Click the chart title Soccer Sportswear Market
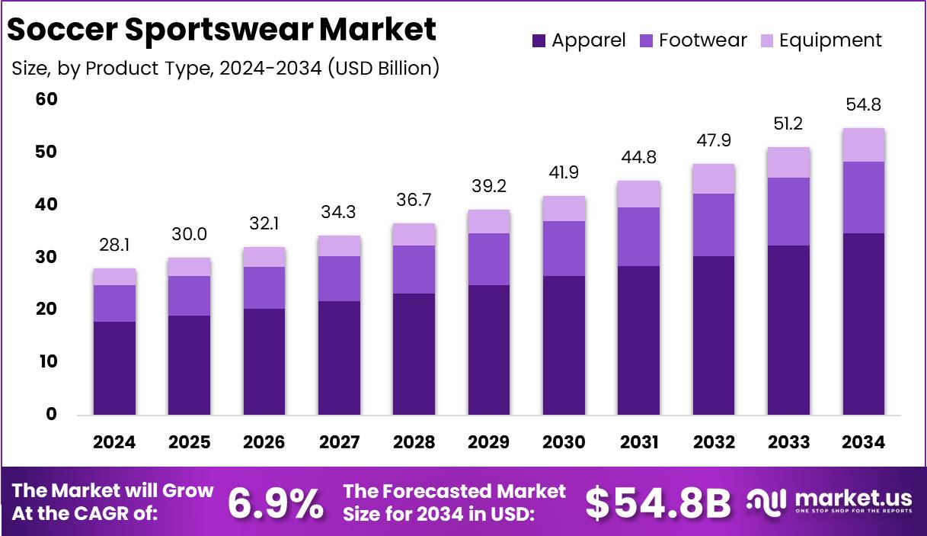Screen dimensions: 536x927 222,30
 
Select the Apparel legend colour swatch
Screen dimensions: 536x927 539,40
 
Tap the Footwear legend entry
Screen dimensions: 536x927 694,40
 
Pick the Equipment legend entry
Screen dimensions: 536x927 822,40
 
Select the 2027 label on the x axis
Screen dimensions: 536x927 338,442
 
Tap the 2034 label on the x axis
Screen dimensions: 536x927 863,442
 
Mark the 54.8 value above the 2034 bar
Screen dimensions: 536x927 863,104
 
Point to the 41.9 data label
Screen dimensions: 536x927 564,172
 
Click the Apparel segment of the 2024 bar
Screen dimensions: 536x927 114,368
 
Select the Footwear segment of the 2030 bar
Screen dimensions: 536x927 564,249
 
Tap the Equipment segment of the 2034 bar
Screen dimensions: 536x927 863,145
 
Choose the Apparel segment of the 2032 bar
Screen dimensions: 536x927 713,335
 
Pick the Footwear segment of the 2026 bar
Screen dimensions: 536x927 264,287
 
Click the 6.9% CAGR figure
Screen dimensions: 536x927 275,502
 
